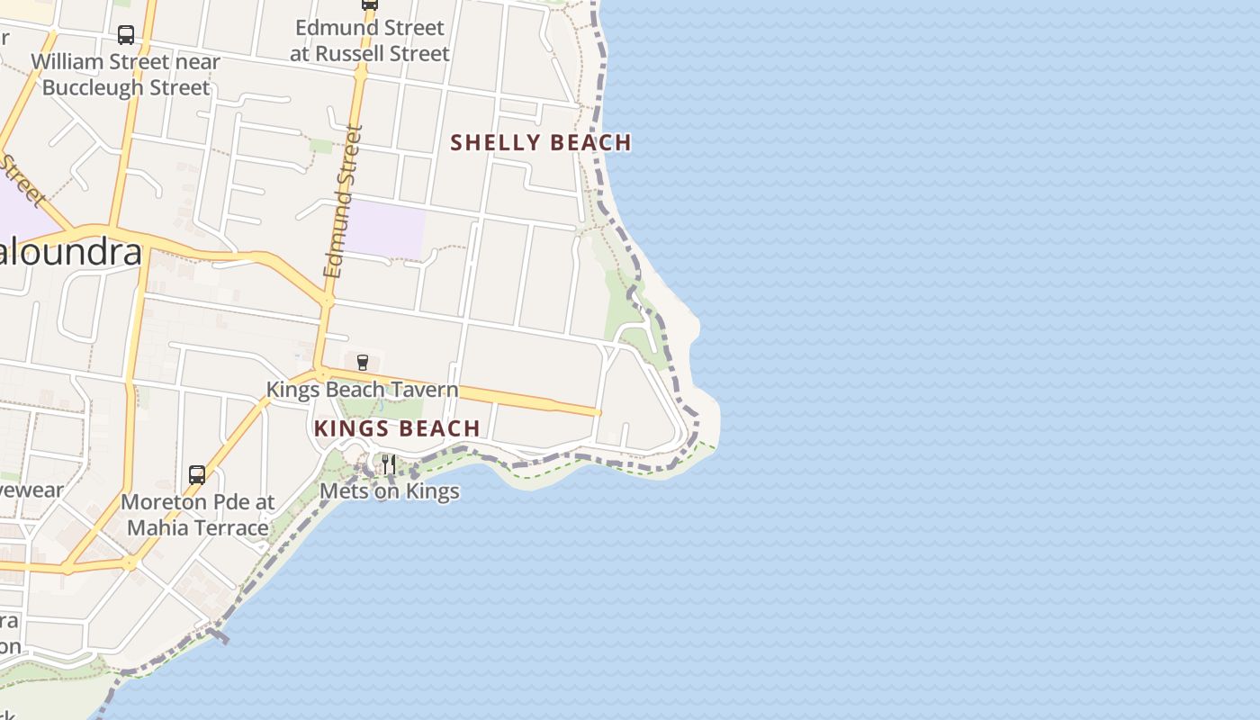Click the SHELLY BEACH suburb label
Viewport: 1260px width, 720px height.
tap(541, 142)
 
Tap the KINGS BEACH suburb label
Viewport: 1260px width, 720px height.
tap(397, 428)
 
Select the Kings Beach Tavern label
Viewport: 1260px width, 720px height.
tap(362, 390)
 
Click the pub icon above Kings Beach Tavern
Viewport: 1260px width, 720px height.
tap(363, 363)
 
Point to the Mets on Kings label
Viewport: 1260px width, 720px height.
tap(390, 491)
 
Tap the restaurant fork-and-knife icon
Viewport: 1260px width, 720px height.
tap(388, 464)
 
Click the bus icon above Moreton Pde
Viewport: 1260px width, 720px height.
tap(197, 474)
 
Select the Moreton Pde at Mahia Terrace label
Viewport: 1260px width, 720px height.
tap(197, 515)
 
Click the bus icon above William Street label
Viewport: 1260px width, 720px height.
tap(126, 35)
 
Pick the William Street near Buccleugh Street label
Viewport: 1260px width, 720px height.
tap(126, 75)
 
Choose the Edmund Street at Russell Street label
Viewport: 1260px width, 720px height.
tap(369, 40)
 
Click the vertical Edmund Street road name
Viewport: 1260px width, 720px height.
tap(342, 202)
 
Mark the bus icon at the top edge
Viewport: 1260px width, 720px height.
tap(369, 4)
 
